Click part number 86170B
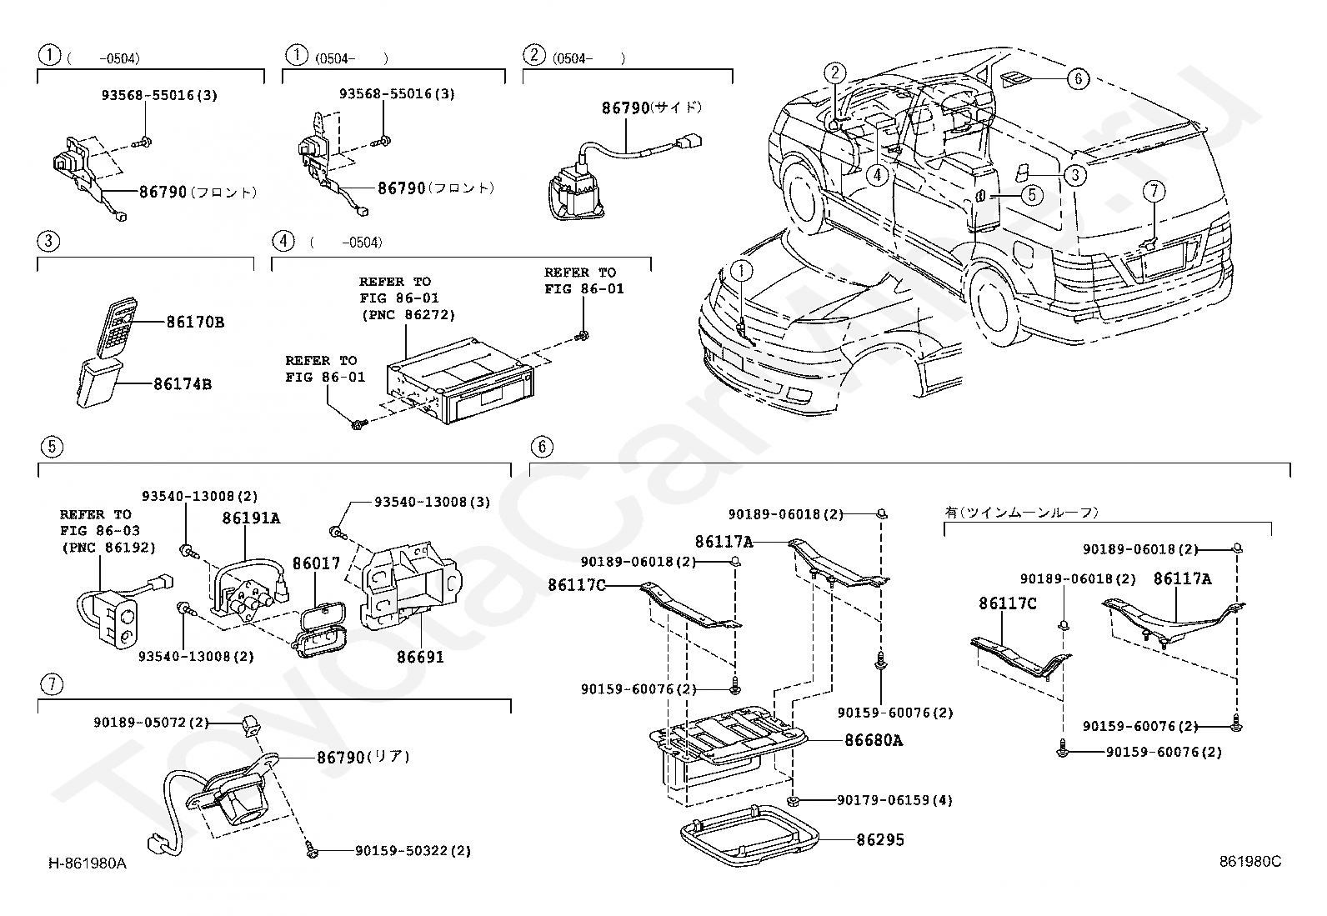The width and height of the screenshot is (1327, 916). click(194, 322)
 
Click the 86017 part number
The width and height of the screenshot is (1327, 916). click(316, 563)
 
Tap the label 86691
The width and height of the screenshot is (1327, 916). click(420, 657)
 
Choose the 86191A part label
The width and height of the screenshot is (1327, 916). click(251, 518)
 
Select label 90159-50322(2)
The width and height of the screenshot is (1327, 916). click(413, 851)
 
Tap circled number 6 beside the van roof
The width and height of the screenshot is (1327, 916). click(1078, 79)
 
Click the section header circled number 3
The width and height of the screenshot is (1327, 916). click(49, 242)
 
